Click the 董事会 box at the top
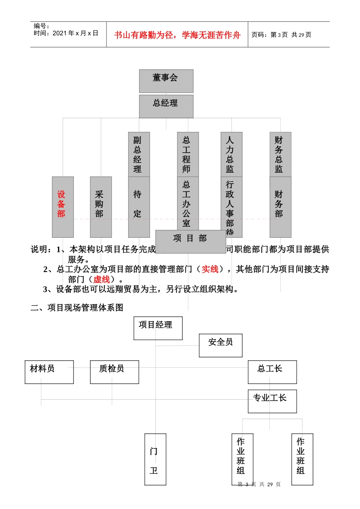[x=166, y=81]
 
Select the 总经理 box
[x=166, y=106]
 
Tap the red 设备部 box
[x=63, y=207]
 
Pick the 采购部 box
[x=101, y=207]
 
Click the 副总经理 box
[x=139, y=155]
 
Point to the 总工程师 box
[x=188, y=155]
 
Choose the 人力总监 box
[x=232, y=155]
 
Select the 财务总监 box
[x=280, y=155]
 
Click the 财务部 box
[x=280, y=207]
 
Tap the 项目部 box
[x=191, y=241]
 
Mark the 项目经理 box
[x=158, y=328]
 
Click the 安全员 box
[x=221, y=345]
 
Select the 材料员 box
[x=49, y=372]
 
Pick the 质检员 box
[x=114, y=372]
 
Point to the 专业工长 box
[x=272, y=401]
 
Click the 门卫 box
[x=155, y=459]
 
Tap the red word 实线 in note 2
[x=210, y=269]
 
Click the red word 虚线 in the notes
[x=102, y=279]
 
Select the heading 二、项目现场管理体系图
[x=77, y=308]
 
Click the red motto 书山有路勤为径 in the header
[x=177, y=35]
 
